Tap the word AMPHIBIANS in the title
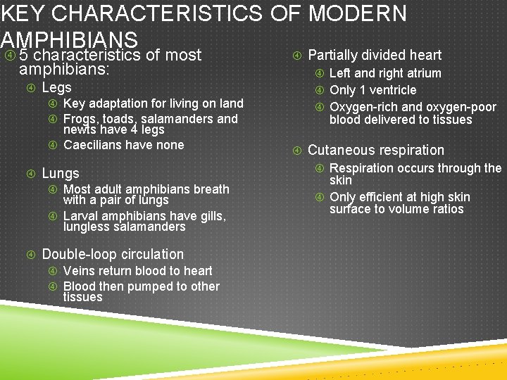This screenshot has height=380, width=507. pyautogui.click(x=69, y=40)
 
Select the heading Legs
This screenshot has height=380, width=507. pyautogui.click(x=56, y=87)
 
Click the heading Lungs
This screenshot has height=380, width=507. pyautogui.click(x=61, y=173)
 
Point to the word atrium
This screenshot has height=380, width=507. pyautogui.click(x=422, y=73)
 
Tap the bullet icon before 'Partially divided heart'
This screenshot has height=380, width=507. pyautogui.click(x=296, y=55)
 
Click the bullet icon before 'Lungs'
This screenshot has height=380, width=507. pyautogui.click(x=31, y=173)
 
